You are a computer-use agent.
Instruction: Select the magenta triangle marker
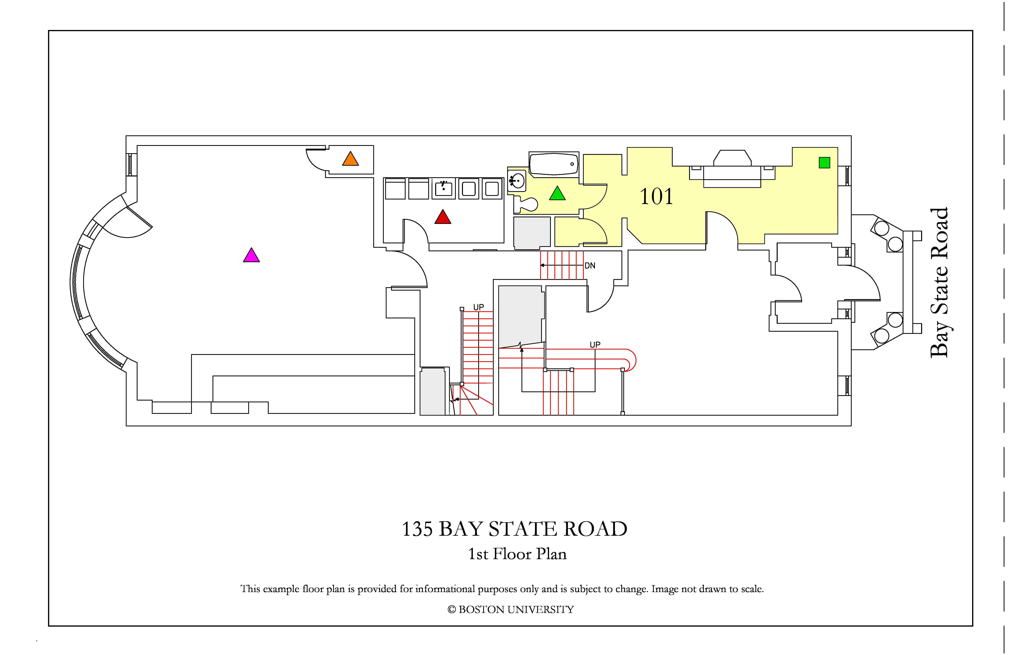251,256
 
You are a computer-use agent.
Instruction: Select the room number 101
657,196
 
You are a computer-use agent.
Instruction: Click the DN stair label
590,266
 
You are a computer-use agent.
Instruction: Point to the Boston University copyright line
511,610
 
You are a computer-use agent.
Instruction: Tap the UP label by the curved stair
595,345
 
